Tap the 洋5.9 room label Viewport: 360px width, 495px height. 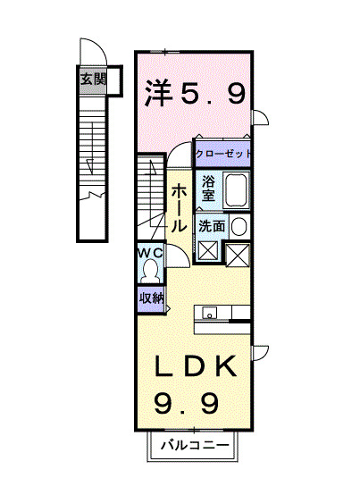pyautogui.click(x=195, y=92)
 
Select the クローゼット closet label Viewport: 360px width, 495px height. pyautogui.click(x=223, y=154)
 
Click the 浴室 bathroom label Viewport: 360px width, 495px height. pyautogui.click(x=208, y=189)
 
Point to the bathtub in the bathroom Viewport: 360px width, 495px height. pyautogui.click(x=236, y=190)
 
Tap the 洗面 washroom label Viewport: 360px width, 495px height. pyautogui.click(x=212, y=226)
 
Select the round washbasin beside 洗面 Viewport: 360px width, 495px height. pyautogui.click(x=239, y=226)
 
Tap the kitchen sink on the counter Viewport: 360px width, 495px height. pyautogui.click(x=210, y=313)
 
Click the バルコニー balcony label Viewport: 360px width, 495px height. pyautogui.click(x=195, y=445)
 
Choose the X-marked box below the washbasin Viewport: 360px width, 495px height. pyautogui.click(x=239, y=256)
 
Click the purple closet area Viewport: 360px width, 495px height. pyautogui.click(x=223, y=154)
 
